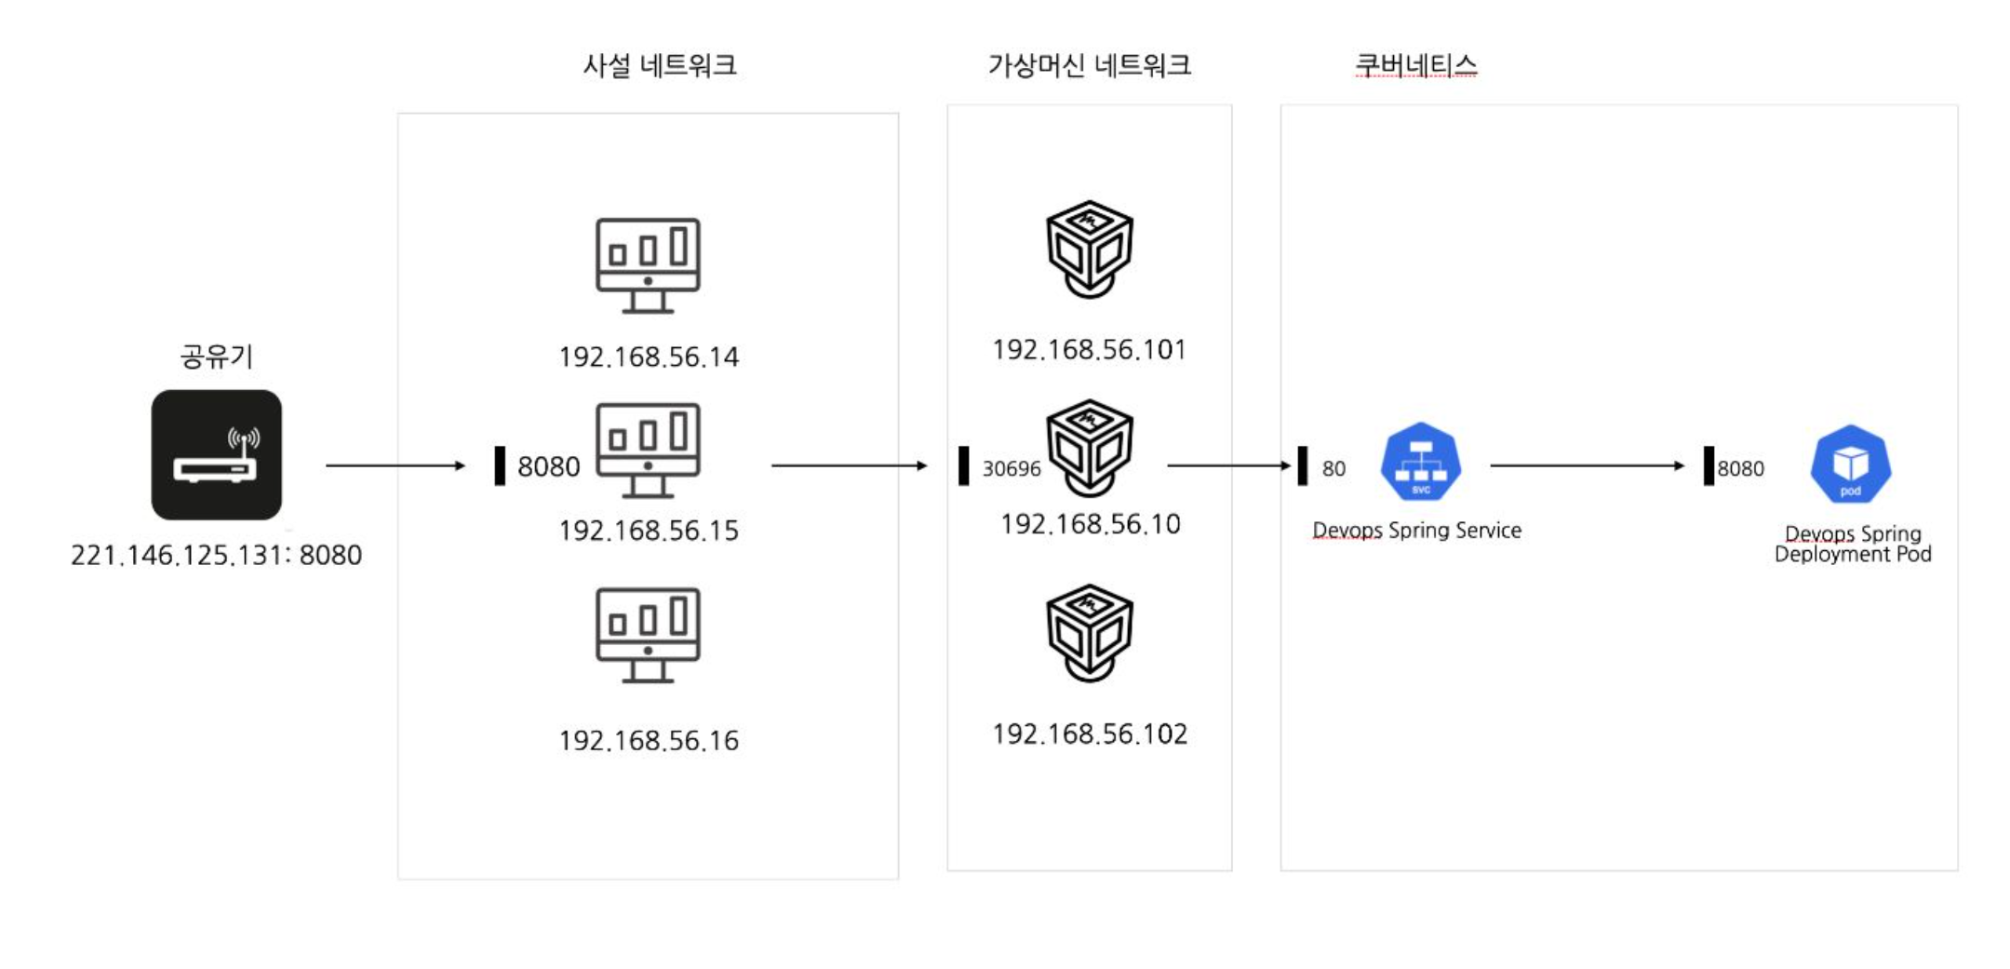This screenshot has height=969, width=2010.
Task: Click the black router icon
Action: (216, 454)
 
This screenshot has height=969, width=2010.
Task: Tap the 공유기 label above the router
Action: (216, 356)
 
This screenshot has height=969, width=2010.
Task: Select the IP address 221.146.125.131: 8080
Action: (216, 555)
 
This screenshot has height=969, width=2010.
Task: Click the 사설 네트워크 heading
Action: (659, 65)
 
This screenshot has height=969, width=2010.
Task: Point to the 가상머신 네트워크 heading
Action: (1089, 65)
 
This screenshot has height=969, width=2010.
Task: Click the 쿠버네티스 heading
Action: (1415, 65)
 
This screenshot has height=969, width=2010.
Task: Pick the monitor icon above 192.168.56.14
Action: (648, 265)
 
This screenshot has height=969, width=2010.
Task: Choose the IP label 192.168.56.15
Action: (648, 531)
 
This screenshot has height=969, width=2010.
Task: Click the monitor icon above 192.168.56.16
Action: (648, 635)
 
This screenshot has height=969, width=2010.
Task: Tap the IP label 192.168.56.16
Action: (648, 741)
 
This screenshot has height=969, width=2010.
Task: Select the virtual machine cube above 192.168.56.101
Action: (1089, 249)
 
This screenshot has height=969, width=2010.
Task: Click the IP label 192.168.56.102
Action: (1089, 734)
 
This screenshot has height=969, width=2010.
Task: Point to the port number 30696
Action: (1011, 468)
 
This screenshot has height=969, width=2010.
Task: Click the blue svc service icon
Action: (1420, 463)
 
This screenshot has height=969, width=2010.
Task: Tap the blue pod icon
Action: (1850, 464)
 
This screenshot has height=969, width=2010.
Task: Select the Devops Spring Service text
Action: (1416, 530)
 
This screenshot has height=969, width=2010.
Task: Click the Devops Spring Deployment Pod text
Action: (1853, 544)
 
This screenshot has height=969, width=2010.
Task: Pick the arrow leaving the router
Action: (395, 464)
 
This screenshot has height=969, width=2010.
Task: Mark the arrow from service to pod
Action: (1587, 465)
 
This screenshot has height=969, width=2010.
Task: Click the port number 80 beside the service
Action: (1333, 468)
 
